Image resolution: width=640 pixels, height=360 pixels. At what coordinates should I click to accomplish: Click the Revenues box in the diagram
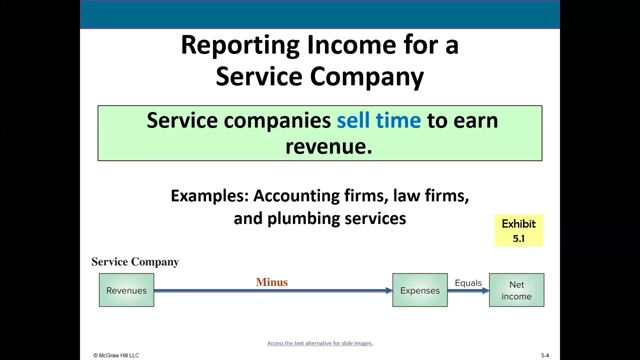click(126, 290)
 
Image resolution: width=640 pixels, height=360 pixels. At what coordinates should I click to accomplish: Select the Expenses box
click(420, 290)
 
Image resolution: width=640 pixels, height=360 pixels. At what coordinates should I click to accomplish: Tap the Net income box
click(516, 290)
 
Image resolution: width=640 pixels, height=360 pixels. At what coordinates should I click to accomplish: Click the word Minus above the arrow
click(271, 282)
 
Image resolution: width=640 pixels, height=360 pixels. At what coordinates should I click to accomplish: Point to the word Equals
click(468, 283)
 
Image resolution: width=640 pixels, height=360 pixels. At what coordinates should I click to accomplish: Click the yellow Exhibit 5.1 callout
click(518, 230)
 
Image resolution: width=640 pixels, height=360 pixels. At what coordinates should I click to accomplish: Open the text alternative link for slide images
click(320, 343)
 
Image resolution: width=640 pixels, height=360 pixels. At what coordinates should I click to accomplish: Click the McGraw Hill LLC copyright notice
click(116, 355)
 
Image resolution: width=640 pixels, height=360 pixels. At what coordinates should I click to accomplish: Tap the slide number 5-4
click(545, 355)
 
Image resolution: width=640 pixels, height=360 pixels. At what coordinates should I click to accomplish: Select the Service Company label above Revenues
click(135, 262)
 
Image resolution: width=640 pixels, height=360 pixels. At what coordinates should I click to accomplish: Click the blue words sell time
click(378, 120)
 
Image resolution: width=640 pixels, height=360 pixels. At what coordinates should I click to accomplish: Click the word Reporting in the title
click(240, 45)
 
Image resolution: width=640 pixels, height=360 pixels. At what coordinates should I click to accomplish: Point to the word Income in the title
click(351, 45)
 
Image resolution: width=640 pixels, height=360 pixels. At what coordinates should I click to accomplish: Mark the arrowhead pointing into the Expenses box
click(389, 290)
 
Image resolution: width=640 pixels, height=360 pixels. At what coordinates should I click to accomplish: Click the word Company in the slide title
click(366, 77)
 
